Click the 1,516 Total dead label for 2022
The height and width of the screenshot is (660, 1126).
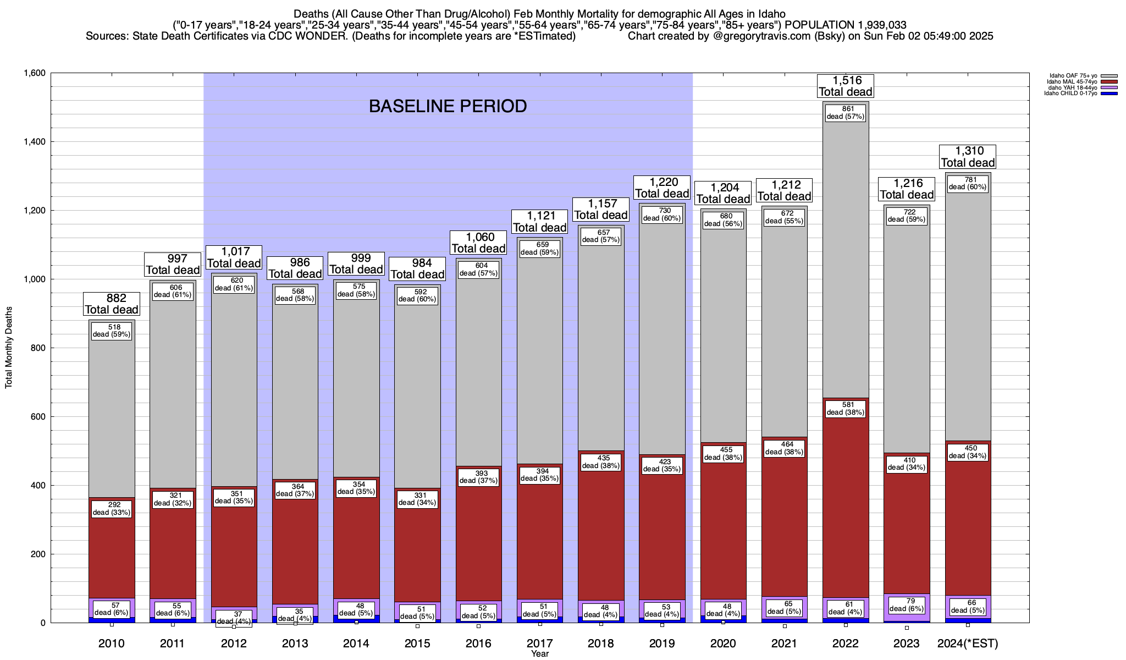click(845, 86)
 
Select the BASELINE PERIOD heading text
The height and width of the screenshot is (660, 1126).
click(448, 106)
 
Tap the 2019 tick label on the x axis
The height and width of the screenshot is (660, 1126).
click(662, 643)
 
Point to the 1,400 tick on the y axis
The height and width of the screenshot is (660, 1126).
click(34, 142)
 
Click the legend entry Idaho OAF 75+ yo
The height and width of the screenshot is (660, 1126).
click(1073, 76)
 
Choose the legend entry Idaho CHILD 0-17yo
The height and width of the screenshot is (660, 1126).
click(1073, 94)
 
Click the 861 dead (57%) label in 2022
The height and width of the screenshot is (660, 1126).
click(846, 113)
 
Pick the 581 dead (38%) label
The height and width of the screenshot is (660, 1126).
click(846, 409)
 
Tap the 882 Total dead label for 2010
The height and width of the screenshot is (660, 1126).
click(112, 304)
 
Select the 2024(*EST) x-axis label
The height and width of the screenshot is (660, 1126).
click(968, 643)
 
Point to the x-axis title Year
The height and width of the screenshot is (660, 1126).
click(539, 654)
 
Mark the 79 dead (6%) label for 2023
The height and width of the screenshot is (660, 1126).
click(907, 605)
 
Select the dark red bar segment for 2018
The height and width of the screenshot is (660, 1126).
click(601, 528)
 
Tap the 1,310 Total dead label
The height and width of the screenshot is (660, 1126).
click(968, 157)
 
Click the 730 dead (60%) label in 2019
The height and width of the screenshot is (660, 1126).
click(662, 215)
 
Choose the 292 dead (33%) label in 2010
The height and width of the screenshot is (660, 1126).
click(112, 509)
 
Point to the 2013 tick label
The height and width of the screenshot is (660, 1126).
click(295, 643)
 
